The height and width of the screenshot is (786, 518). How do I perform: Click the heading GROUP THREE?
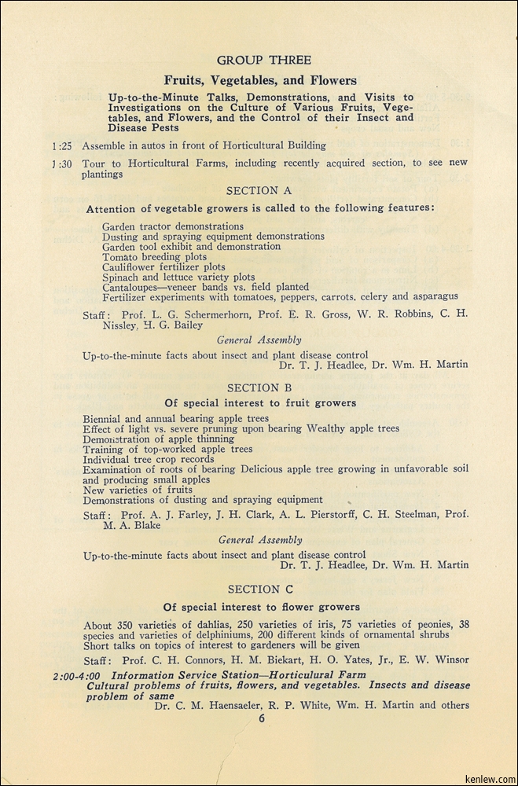tap(264, 61)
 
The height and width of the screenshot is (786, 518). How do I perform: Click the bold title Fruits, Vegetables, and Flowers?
tap(260, 80)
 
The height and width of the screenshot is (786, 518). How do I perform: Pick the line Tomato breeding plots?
tap(154, 257)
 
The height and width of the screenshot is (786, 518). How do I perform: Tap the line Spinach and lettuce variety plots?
tap(178, 277)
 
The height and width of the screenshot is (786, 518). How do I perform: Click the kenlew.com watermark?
tap(487, 777)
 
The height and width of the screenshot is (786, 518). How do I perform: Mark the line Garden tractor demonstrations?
tap(173, 226)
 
